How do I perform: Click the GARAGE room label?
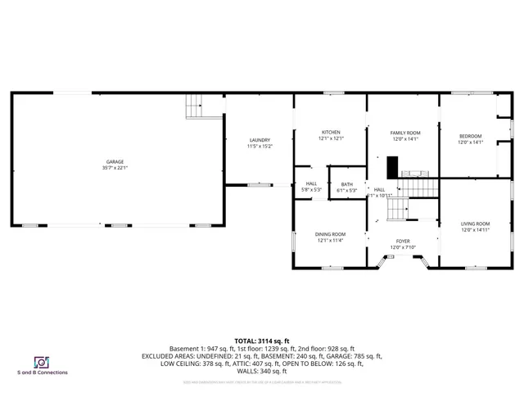pyautogui.click(x=115, y=162)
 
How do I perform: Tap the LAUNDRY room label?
pyautogui.click(x=259, y=140)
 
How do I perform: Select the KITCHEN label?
pyautogui.click(x=331, y=133)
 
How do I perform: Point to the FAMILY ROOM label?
pyautogui.click(x=404, y=133)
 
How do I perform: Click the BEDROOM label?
pyautogui.click(x=470, y=136)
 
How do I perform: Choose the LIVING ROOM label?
pyautogui.click(x=475, y=224)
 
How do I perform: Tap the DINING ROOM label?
pyautogui.click(x=330, y=234)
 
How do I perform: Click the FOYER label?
pyautogui.click(x=404, y=242)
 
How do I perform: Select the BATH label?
pyautogui.click(x=346, y=184)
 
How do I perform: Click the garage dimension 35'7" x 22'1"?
pyautogui.click(x=115, y=168)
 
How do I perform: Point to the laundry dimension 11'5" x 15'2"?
pyautogui.click(x=259, y=147)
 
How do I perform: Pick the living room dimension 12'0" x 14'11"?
pyautogui.click(x=475, y=230)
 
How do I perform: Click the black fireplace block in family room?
pyautogui.click(x=393, y=166)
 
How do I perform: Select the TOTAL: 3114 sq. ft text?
pyautogui.click(x=262, y=341)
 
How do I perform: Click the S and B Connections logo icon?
pyautogui.click(x=40, y=361)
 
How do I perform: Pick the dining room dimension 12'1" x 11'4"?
pyautogui.click(x=330, y=241)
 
